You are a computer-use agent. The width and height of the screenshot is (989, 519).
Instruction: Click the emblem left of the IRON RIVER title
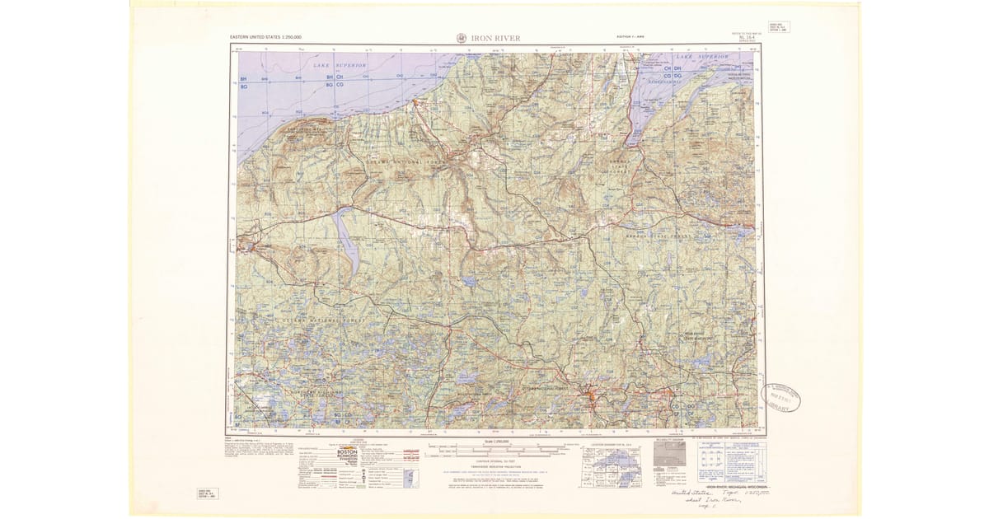click(460, 37)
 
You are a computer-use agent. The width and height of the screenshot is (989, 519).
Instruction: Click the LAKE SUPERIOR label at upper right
click(702, 58)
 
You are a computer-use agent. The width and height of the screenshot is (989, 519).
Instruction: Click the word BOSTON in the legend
click(347, 451)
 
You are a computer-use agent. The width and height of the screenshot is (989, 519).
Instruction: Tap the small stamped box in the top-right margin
click(778, 26)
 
